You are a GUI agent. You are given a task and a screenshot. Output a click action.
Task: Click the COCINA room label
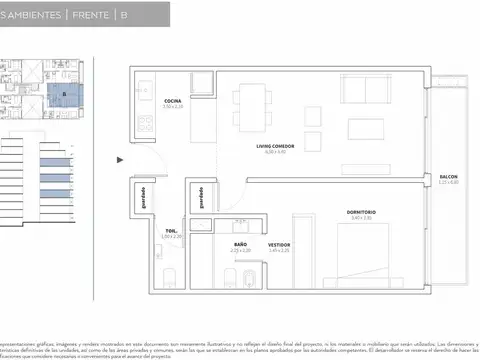pyautogui.click(x=173, y=101)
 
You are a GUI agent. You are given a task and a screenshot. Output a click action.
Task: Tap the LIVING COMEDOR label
pyautogui.click(x=268, y=145)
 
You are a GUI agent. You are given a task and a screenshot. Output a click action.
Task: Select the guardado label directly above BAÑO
pyautogui.click(x=202, y=196)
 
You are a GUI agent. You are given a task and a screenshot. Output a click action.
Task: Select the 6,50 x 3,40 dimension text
pyautogui.click(x=268, y=152)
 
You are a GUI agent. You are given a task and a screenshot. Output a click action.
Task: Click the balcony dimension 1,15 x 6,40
pyautogui.click(x=448, y=182)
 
